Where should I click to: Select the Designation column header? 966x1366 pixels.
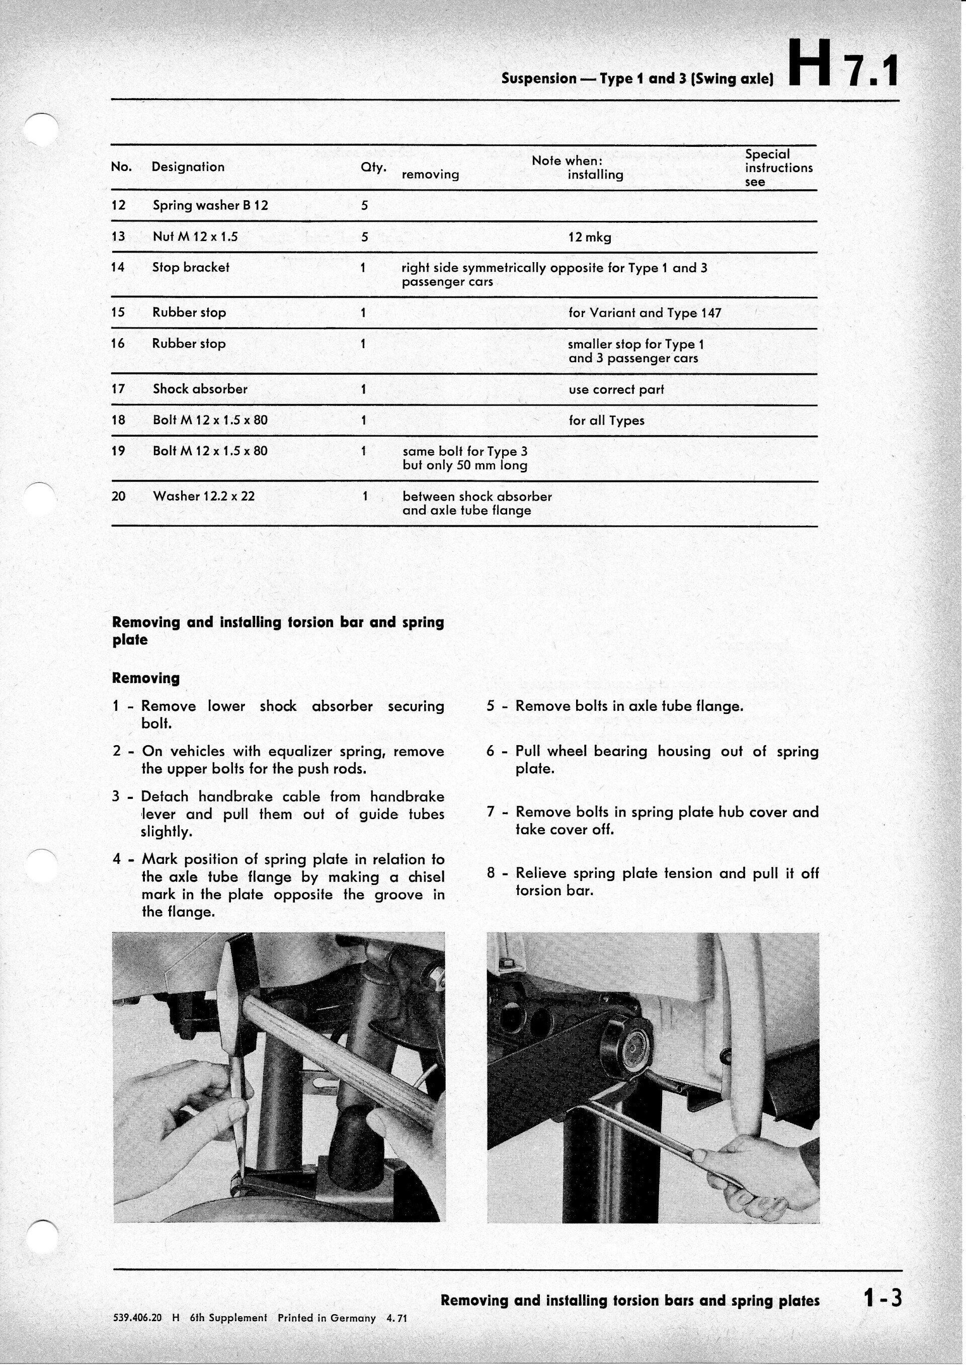pyautogui.click(x=188, y=167)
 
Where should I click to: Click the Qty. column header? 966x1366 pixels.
pyautogui.click(x=373, y=168)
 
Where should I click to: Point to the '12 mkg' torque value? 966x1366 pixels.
pyautogui.click(x=590, y=237)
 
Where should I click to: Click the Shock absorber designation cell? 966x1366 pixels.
pyautogui.click(x=200, y=389)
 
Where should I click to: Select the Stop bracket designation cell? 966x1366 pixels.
pyautogui.click(x=190, y=268)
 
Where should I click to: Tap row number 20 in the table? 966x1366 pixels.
pyautogui.click(x=118, y=496)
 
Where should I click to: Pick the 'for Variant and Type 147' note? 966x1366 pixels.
pyautogui.click(x=645, y=313)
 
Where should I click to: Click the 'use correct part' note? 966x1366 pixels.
pyautogui.click(x=616, y=390)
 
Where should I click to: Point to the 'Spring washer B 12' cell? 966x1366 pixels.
pyautogui.click(x=210, y=206)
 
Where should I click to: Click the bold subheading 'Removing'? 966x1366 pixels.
pyautogui.click(x=146, y=678)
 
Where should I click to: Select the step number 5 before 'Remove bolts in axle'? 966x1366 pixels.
pyautogui.click(x=491, y=707)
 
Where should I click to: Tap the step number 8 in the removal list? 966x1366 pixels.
pyautogui.click(x=491, y=874)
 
